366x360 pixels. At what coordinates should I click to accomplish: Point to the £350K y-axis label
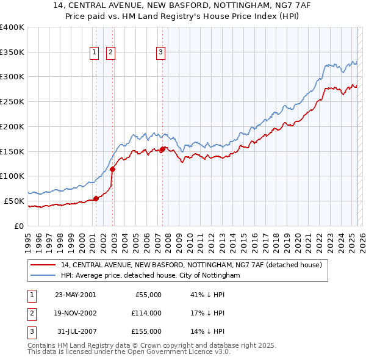12,52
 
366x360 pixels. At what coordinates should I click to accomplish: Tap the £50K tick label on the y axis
15,201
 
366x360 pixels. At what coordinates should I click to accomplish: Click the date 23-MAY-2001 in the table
75,295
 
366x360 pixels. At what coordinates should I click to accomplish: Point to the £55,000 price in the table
148,295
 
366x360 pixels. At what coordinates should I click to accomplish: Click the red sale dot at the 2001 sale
96,198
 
